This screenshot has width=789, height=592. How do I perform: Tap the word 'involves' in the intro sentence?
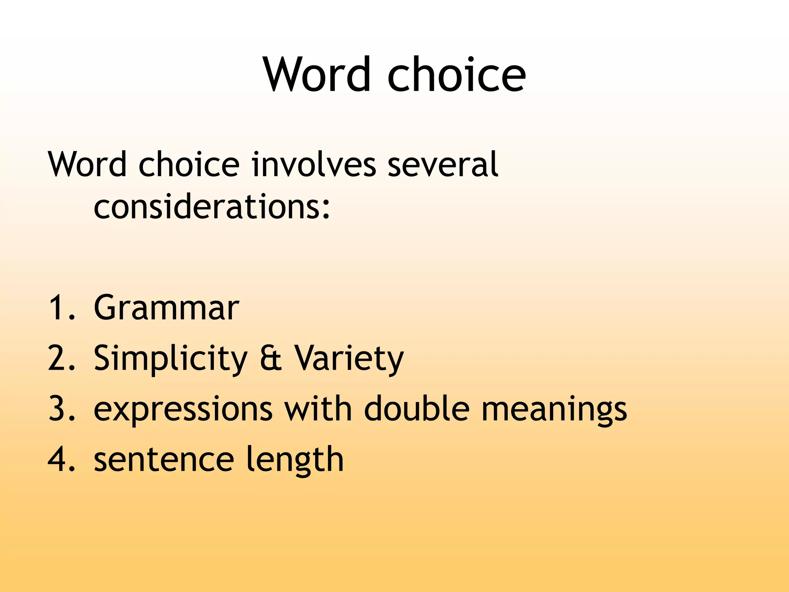click(314, 165)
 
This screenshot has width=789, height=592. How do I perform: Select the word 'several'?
click(443, 165)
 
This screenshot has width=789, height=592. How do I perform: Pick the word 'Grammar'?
click(166, 308)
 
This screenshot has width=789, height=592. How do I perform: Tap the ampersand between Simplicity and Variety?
click(271, 358)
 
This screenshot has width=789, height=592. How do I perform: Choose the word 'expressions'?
click(183, 409)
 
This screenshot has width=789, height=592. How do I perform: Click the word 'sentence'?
click(164, 459)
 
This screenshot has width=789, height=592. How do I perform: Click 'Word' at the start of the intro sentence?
click(87, 165)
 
